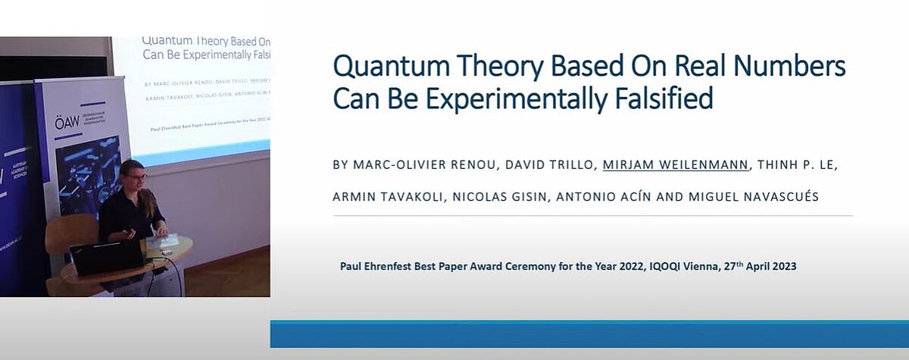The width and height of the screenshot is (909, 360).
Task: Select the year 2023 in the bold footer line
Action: point(782,267)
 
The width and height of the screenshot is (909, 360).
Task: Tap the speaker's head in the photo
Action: point(130,173)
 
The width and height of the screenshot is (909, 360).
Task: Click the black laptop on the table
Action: point(105,258)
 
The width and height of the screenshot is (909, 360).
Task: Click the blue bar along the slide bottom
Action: point(589,333)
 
